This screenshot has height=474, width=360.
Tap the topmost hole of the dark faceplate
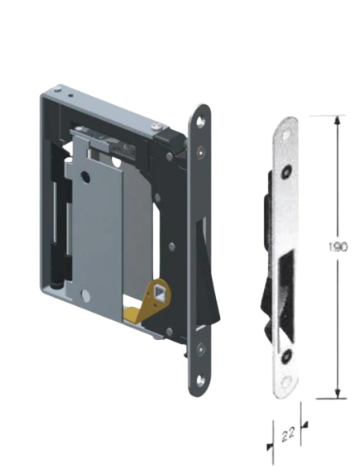pyautogui.click(x=202, y=125)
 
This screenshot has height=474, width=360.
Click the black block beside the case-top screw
pyautogui.click(x=166, y=130)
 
